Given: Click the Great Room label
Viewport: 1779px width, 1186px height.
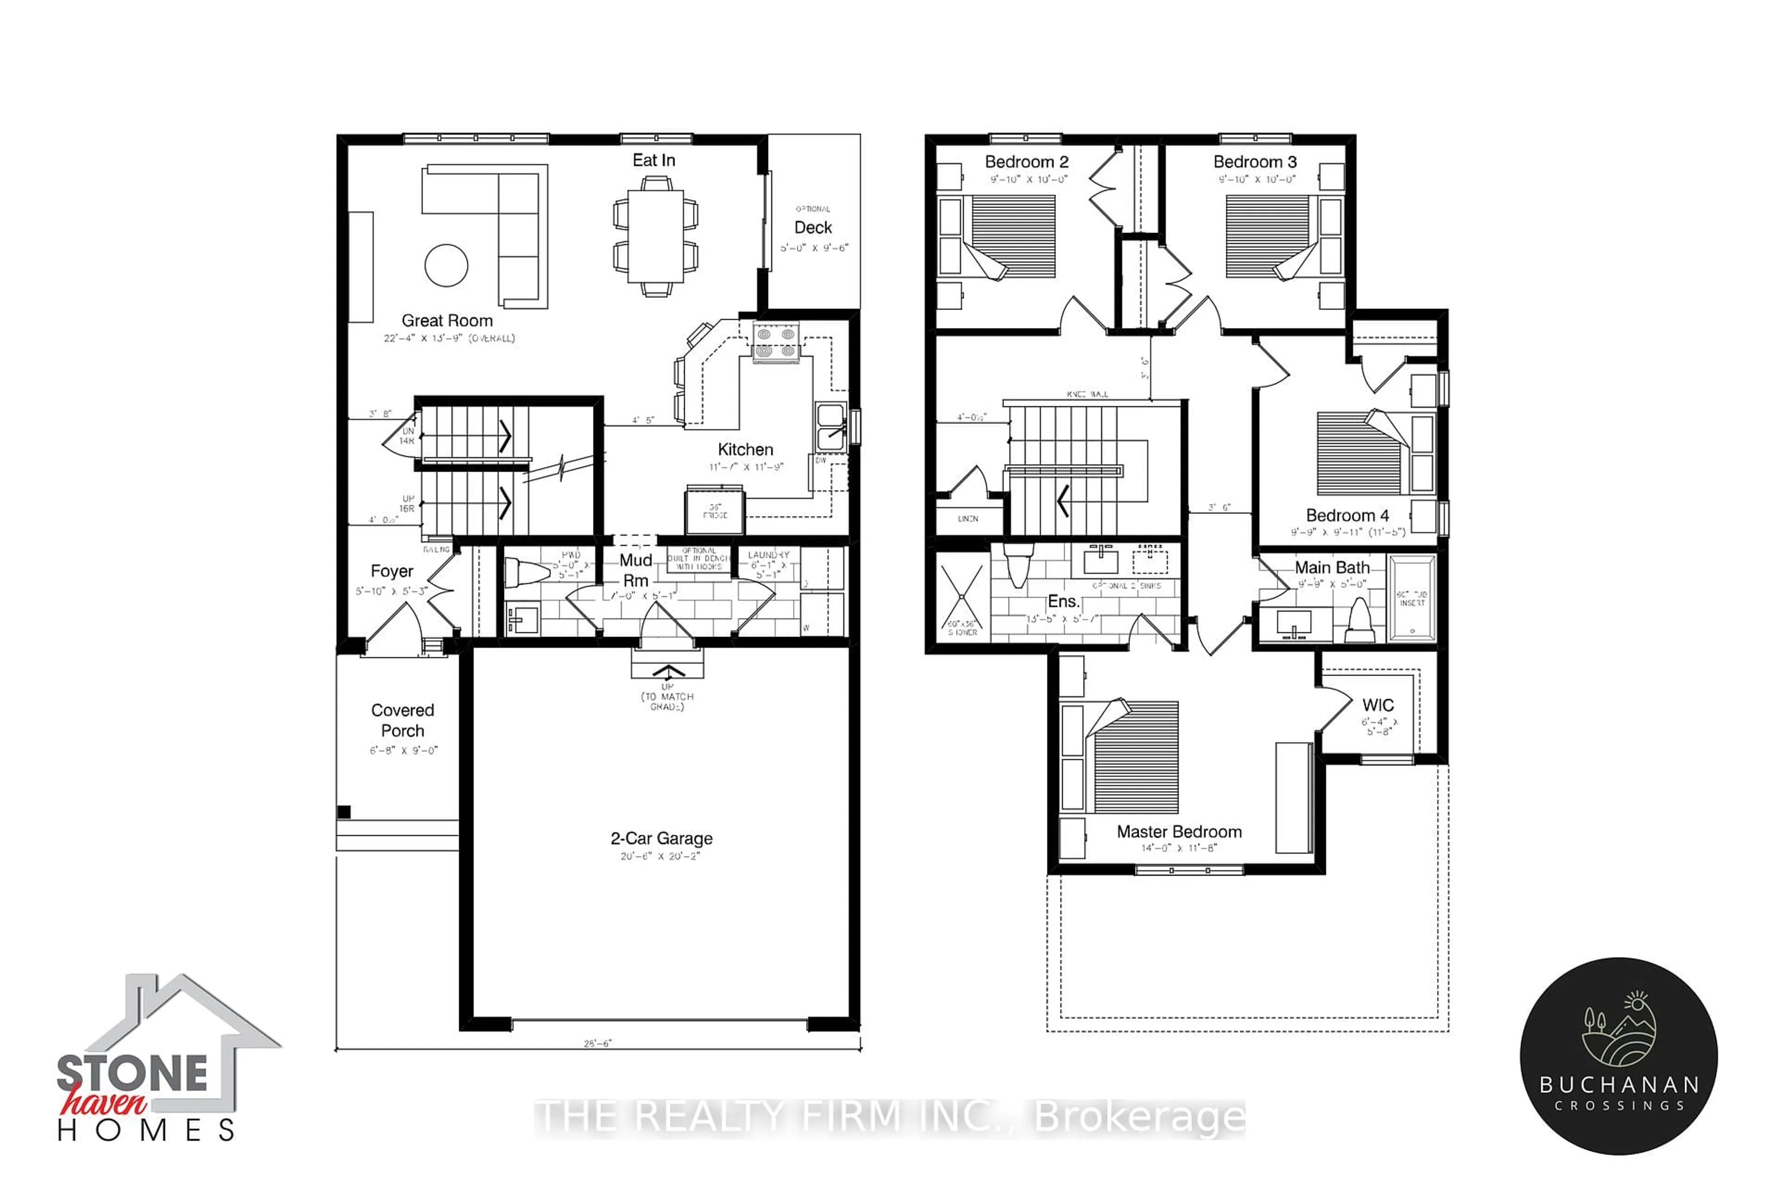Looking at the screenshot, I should point(447,321).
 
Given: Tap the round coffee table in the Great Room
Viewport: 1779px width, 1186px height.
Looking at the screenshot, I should point(446,265).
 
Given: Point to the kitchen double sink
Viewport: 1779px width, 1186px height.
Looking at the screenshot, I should point(831,427).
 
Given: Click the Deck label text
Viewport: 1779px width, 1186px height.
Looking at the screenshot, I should point(813,227).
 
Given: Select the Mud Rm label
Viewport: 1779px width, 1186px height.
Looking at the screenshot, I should point(635,570).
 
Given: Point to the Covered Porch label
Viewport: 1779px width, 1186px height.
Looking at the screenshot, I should point(403,720).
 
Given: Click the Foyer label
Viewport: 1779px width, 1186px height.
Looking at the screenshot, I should point(392,571).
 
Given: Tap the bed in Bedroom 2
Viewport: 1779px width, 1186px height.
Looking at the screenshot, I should point(998,236).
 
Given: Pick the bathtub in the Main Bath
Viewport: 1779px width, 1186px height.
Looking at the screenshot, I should point(1412,598).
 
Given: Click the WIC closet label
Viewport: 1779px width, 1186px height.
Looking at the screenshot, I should point(1378,705).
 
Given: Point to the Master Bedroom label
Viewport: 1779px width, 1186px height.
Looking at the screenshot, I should point(1179,832).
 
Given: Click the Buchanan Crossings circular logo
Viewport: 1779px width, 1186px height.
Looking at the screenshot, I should point(1619,1056).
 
